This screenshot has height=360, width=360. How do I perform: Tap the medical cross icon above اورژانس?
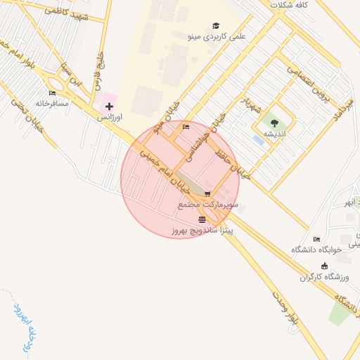pyautogui.click(x=109, y=107)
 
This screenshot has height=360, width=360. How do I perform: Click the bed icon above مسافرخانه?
pyautogui.click(x=52, y=93)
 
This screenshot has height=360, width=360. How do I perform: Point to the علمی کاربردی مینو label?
pyautogui.click(x=217, y=34)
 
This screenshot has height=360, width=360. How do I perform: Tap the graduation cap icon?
pyautogui.click(x=216, y=25)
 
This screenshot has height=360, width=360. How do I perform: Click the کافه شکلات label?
pyautogui.click(x=290, y=5)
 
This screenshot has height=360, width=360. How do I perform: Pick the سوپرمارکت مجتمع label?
pyautogui.click(x=208, y=205)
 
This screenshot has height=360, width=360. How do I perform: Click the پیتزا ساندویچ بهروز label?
pyautogui.click(x=203, y=230)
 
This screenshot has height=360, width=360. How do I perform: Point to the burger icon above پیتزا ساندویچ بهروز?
pyautogui.click(x=202, y=219)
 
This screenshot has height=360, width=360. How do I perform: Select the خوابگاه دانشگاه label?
pyautogui.click(x=316, y=249)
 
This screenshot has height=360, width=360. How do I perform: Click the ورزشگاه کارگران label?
pyautogui.click(x=324, y=276)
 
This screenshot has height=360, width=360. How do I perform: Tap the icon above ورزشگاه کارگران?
pyautogui.click(x=324, y=266)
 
